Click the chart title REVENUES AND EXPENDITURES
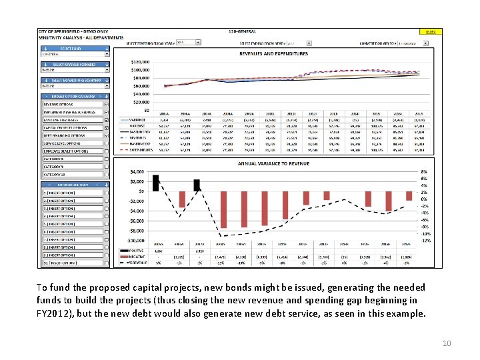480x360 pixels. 274,53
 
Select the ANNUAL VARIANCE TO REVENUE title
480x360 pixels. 273,163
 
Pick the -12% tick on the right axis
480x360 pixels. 425,241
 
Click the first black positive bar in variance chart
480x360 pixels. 155,183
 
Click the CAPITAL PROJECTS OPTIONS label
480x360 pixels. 65,127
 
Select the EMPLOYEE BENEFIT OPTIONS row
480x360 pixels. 66,151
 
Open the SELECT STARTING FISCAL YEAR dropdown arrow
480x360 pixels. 198,42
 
